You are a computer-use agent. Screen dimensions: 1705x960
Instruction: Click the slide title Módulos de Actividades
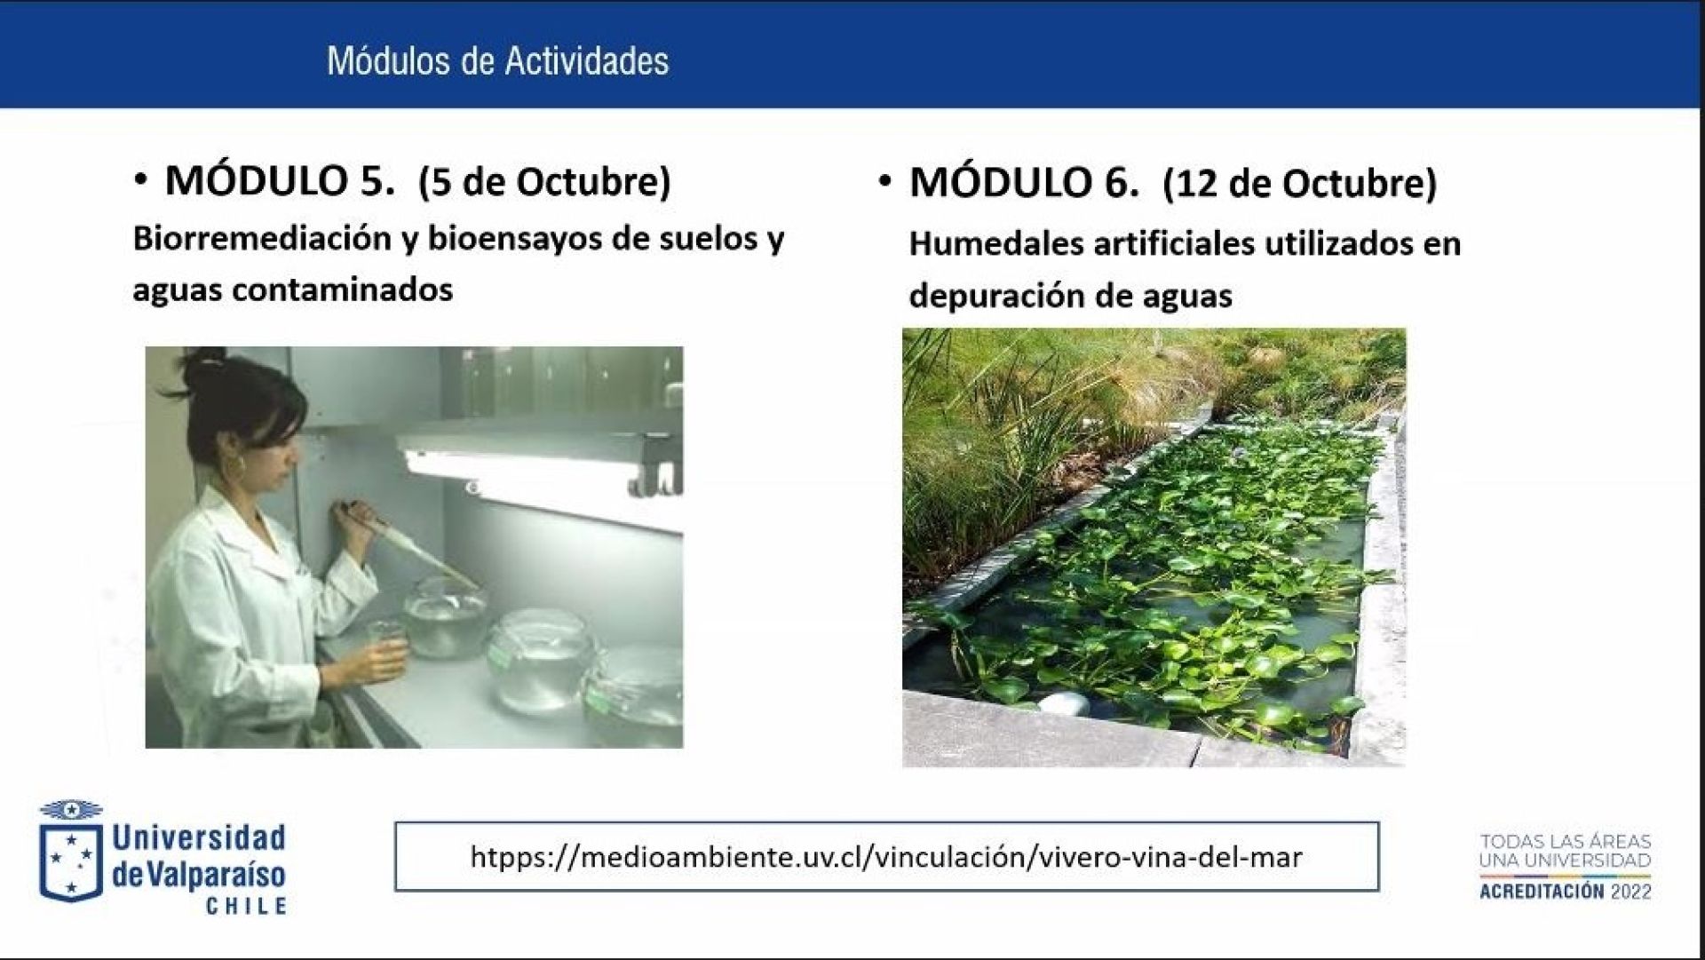point(497,61)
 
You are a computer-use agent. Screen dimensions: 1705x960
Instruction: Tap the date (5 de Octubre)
point(545,182)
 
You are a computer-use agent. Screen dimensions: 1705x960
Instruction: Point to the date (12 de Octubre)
point(1300,184)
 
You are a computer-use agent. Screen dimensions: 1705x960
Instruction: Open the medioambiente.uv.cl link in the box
point(886,857)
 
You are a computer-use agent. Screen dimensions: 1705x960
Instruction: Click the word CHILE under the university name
point(246,907)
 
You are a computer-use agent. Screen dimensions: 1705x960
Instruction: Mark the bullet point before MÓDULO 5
point(140,181)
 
